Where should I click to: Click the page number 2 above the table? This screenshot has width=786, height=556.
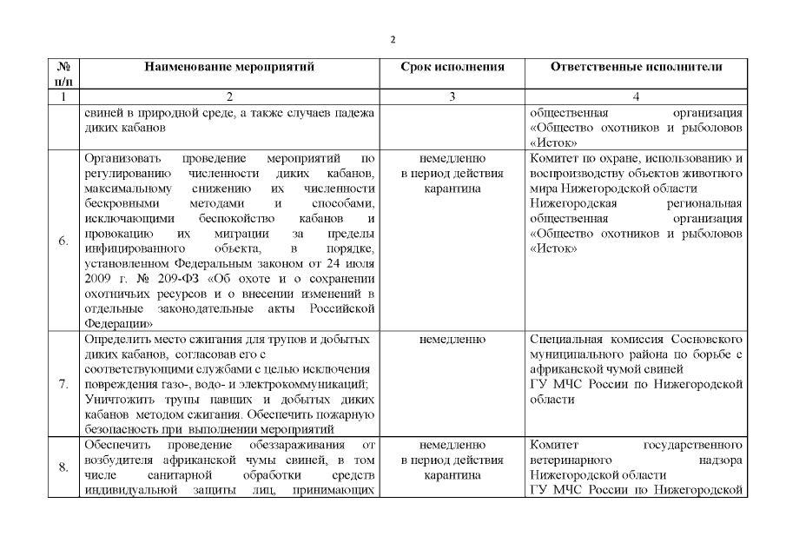[x=393, y=39]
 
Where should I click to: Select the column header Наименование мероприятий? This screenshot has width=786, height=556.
[x=229, y=66]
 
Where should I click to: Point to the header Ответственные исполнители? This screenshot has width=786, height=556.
[x=637, y=66]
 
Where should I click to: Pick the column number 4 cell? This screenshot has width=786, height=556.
[x=637, y=96]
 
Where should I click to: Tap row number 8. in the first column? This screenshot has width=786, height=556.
[x=64, y=467]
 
